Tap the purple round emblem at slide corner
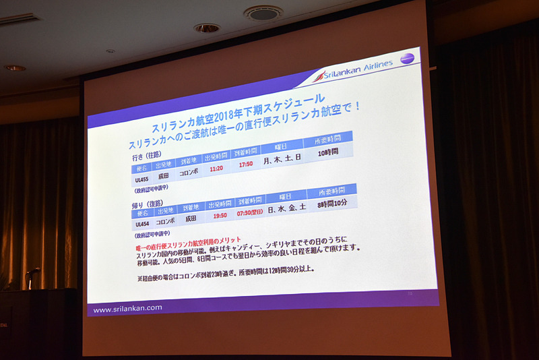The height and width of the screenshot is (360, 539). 407,59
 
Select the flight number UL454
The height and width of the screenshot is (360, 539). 142,224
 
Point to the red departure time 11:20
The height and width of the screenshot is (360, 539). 216,169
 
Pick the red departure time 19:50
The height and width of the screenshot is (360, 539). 219,216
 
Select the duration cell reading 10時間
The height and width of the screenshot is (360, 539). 328,153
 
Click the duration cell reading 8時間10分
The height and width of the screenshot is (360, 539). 332,201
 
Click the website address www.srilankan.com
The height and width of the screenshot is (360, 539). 127,309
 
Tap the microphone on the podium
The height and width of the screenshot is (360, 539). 31,274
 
